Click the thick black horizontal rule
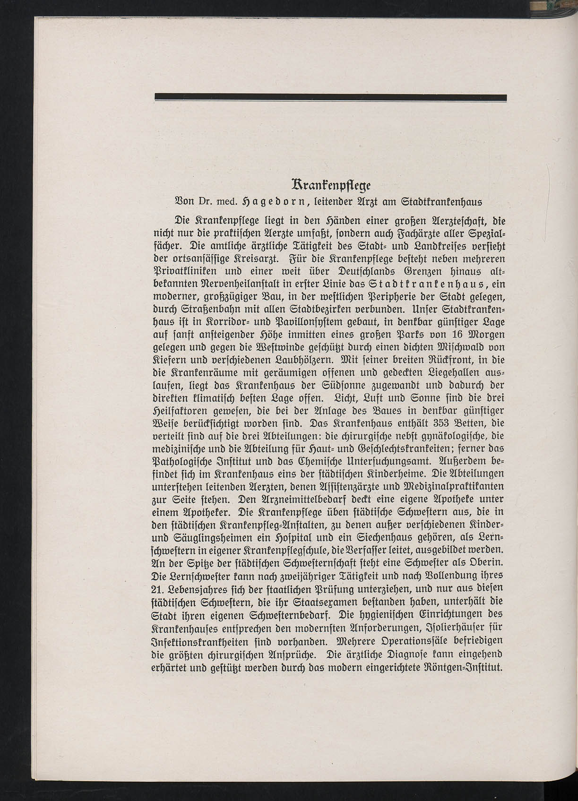[330, 98]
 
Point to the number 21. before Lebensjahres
[159, 589]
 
